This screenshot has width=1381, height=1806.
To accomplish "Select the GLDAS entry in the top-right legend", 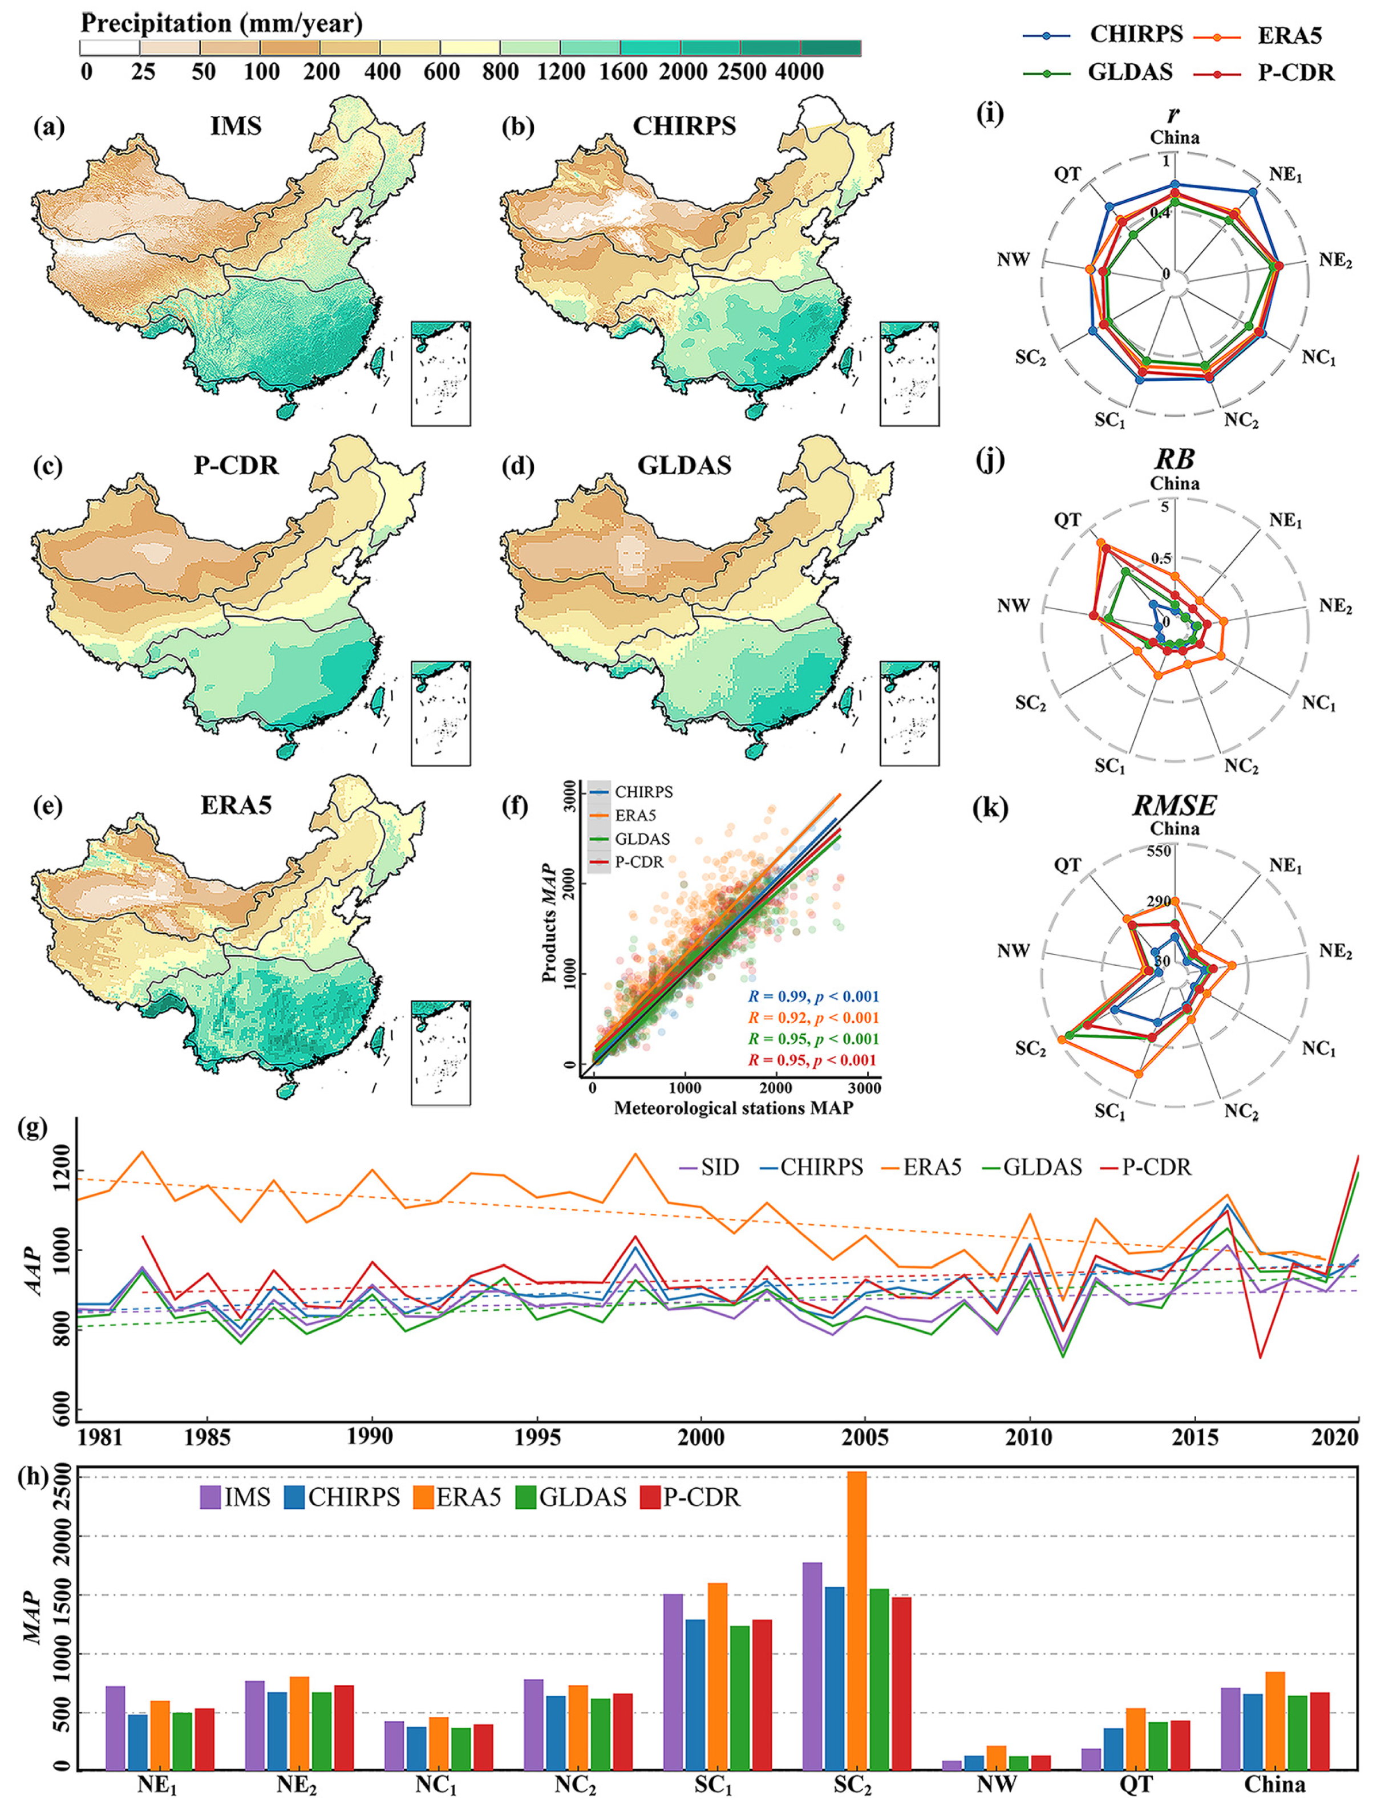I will [x=1129, y=72].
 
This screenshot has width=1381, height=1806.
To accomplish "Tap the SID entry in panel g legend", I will [x=719, y=1167].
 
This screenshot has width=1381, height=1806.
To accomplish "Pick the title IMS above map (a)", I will [x=236, y=125].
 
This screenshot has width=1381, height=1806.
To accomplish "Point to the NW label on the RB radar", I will [x=1014, y=606].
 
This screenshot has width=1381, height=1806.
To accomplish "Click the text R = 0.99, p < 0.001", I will [x=812, y=997].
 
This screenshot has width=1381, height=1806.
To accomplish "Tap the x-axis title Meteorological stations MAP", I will [x=733, y=1107].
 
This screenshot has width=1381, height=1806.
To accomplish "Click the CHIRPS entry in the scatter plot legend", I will [x=643, y=792].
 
